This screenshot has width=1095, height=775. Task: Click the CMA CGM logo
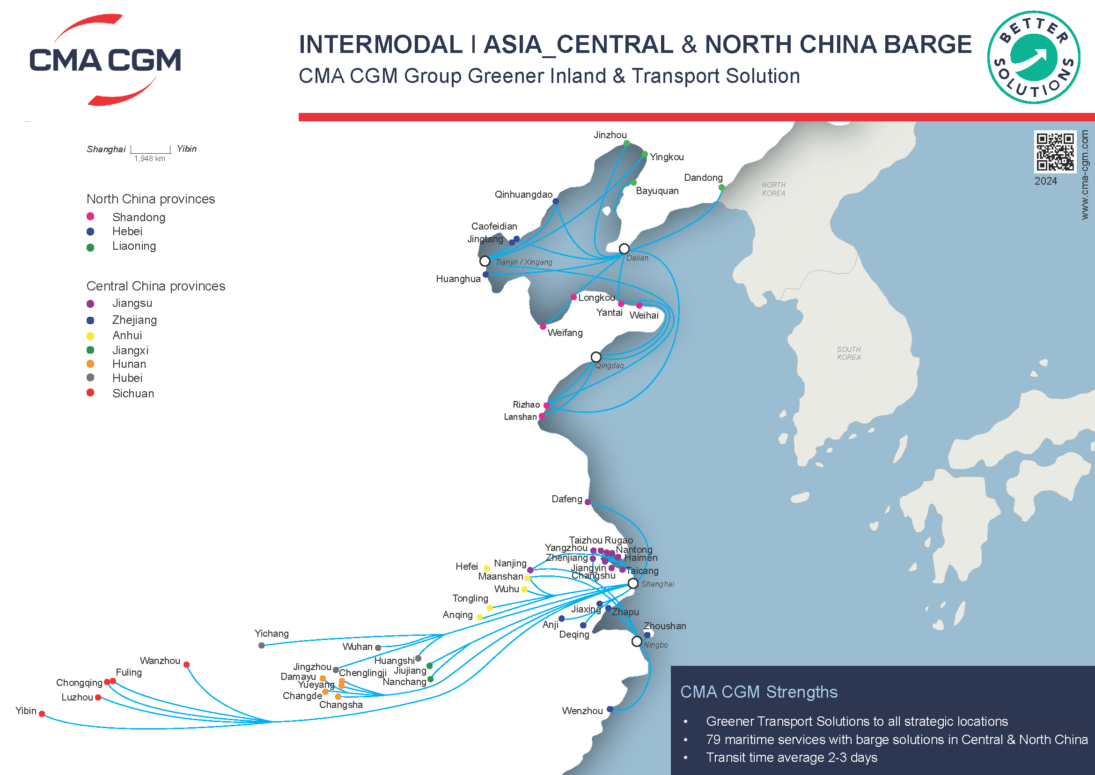click(x=105, y=60)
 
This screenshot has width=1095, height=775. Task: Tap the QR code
click(x=1055, y=151)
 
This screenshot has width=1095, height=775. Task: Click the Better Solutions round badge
click(x=1034, y=57)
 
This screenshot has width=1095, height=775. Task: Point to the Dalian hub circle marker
click(x=624, y=249)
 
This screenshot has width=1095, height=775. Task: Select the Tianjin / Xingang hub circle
click(x=485, y=261)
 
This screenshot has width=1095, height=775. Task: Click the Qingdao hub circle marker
click(x=595, y=357)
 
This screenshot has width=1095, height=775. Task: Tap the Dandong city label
click(x=703, y=178)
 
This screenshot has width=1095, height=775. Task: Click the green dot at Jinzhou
click(x=627, y=143)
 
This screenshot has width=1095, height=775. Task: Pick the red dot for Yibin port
click(x=42, y=714)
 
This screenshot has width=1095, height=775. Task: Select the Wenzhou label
click(x=582, y=711)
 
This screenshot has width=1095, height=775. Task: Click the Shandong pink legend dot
click(x=91, y=216)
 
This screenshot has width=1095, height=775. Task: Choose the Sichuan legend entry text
click(x=133, y=393)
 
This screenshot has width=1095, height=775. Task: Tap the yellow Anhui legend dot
click(x=91, y=336)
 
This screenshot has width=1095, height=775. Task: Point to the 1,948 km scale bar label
click(x=150, y=159)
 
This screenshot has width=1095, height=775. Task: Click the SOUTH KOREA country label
click(x=848, y=353)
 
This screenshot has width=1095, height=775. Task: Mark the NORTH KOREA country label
click(x=773, y=189)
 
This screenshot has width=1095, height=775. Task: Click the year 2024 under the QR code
click(x=1045, y=181)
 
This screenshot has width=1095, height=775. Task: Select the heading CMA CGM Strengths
click(x=758, y=692)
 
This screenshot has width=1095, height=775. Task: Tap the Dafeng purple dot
click(x=588, y=502)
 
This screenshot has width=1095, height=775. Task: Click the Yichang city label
click(x=272, y=633)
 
